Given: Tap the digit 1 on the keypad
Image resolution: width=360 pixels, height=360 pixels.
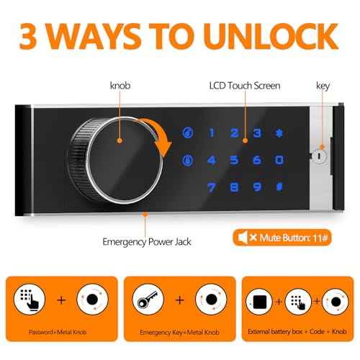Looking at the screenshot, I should click(x=212, y=133).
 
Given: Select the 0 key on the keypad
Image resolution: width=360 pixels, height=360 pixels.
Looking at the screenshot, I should click(x=279, y=161).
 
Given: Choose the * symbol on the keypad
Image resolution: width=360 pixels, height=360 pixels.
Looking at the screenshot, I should click(x=279, y=133).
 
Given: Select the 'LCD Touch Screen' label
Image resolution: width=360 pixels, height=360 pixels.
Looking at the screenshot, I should click(x=244, y=86).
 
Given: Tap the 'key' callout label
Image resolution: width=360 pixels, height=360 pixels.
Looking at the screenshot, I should click(x=323, y=86).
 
